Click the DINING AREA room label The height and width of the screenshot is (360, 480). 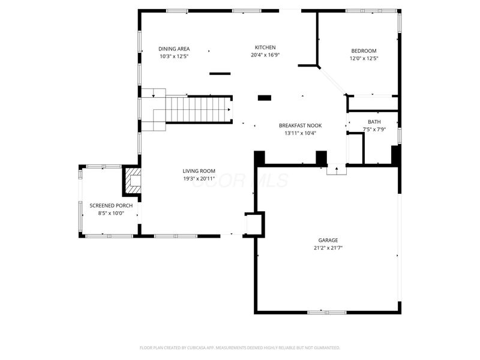174,49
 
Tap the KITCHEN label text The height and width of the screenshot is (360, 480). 265,47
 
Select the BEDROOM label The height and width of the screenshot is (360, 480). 364,51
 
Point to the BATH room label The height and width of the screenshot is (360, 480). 374,122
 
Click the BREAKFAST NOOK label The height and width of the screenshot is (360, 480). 300,125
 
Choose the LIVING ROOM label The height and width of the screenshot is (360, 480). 199,171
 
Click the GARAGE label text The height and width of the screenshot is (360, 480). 327,240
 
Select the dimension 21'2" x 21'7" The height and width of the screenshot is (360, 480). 327,248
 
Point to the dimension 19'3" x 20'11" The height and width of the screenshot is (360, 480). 199,179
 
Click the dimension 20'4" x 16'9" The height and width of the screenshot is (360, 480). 265,55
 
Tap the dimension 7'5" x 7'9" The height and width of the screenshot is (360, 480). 374,129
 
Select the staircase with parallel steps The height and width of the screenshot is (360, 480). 198,110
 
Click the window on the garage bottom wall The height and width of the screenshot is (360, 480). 326,312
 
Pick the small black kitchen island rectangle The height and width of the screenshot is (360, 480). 265,98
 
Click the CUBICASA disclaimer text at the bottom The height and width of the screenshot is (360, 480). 240,347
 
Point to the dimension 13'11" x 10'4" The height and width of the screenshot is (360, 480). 300,133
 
